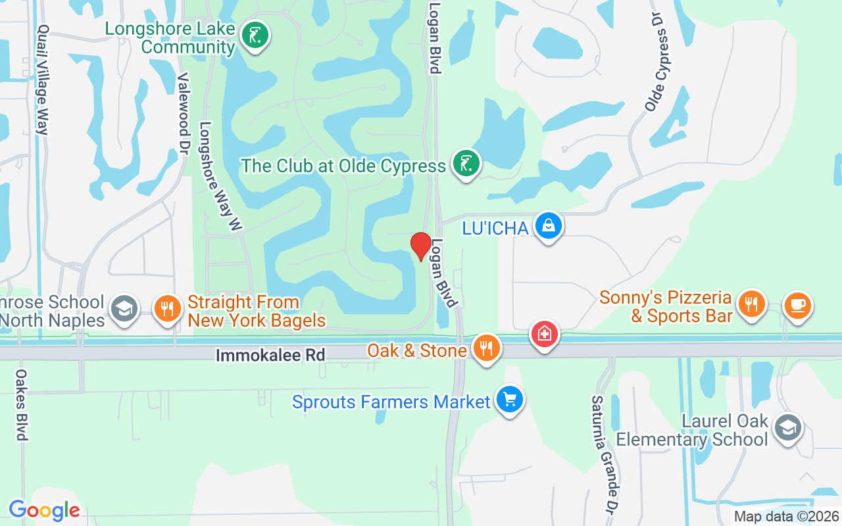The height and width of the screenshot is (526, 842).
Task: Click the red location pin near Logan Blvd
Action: pos(421,246)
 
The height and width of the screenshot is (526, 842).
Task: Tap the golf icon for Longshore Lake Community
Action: pos(255,36)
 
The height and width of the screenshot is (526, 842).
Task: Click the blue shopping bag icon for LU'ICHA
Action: pos(548,226)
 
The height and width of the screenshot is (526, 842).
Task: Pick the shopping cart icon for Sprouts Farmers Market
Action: pos(509,399)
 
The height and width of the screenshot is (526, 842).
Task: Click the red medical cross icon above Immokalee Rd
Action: pos(545,335)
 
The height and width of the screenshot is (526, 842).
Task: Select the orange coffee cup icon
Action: pos(798,305)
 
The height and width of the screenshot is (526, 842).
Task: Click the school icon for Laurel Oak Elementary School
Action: pos(787,427)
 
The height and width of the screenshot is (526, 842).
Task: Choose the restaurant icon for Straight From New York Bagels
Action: pos(167,308)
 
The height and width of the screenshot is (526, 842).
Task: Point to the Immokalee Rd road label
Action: pos(270,355)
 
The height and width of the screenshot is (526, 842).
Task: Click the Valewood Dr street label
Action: pos(184,109)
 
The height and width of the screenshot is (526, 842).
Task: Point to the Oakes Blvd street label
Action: pos(21,404)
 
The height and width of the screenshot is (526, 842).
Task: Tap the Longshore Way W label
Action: pos(222,176)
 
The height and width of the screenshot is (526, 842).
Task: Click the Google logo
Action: pos(44,510)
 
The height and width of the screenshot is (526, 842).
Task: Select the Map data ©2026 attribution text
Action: pos(786,517)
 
